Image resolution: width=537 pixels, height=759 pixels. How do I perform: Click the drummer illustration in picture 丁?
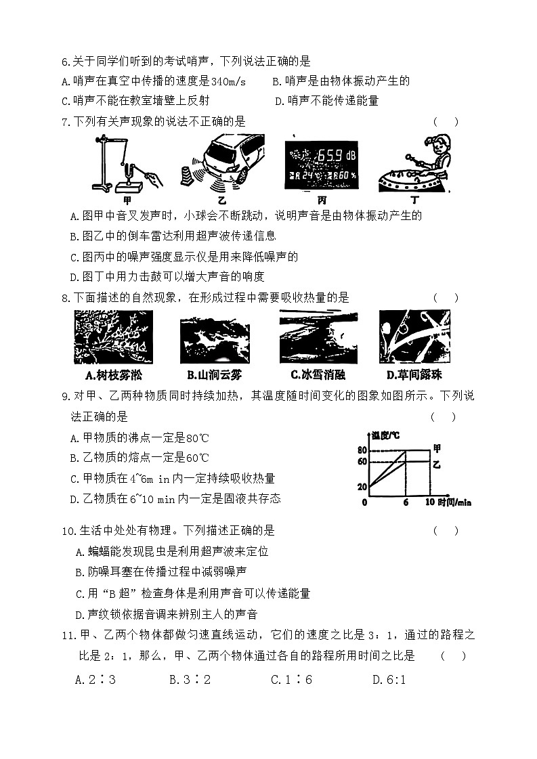[414, 166]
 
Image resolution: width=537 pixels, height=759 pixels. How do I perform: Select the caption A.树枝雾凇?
[114, 374]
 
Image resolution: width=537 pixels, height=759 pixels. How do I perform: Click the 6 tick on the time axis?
[405, 502]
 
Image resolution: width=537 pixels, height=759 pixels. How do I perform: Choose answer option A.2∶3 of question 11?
[95, 679]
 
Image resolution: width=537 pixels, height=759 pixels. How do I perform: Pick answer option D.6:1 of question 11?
[389, 679]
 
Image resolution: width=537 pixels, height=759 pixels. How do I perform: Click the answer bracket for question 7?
[446, 122]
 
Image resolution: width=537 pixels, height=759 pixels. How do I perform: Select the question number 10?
[67, 531]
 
